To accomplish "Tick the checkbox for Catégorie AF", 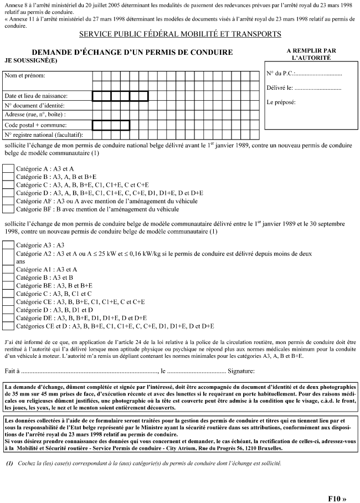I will (9, 201).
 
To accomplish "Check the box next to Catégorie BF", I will (9, 209).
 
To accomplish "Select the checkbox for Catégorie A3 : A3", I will (9, 244).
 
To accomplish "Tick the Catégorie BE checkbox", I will (9, 285).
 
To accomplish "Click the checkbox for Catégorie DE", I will (9, 317).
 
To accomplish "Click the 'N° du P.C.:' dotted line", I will (318, 74).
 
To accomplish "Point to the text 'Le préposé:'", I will (281, 102).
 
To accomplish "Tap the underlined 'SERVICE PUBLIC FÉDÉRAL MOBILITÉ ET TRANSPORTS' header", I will (180, 34).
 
